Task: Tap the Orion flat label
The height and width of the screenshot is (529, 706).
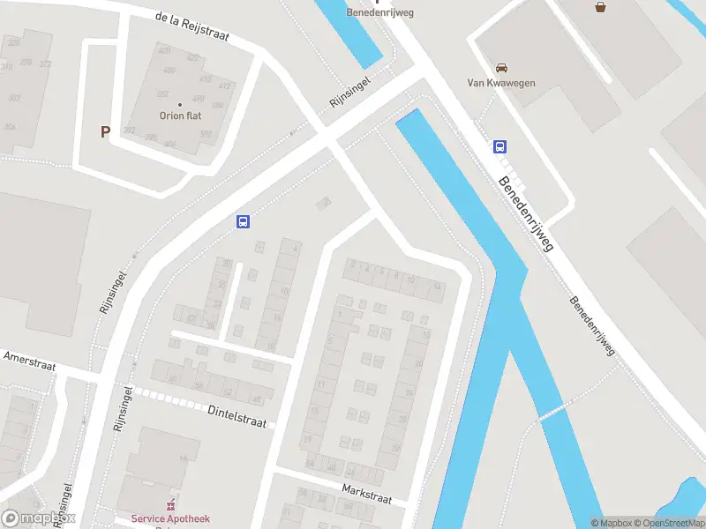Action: click(x=181, y=115)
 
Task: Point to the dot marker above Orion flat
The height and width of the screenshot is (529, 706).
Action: click(x=181, y=104)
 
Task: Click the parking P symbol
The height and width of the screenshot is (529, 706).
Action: click(x=105, y=132)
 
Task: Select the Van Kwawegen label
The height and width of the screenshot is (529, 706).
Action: click(x=501, y=84)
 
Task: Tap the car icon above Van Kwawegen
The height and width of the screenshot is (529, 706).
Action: click(x=501, y=68)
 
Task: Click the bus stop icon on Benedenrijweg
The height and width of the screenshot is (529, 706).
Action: click(x=500, y=147)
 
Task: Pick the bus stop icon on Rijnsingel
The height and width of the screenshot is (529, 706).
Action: click(x=243, y=222)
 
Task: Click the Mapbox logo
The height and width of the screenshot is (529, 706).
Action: click(x=39, y=518)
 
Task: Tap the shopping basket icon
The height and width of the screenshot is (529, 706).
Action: click(x=601, y=7)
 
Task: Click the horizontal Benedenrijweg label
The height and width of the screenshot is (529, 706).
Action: click(x=379, y=12)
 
